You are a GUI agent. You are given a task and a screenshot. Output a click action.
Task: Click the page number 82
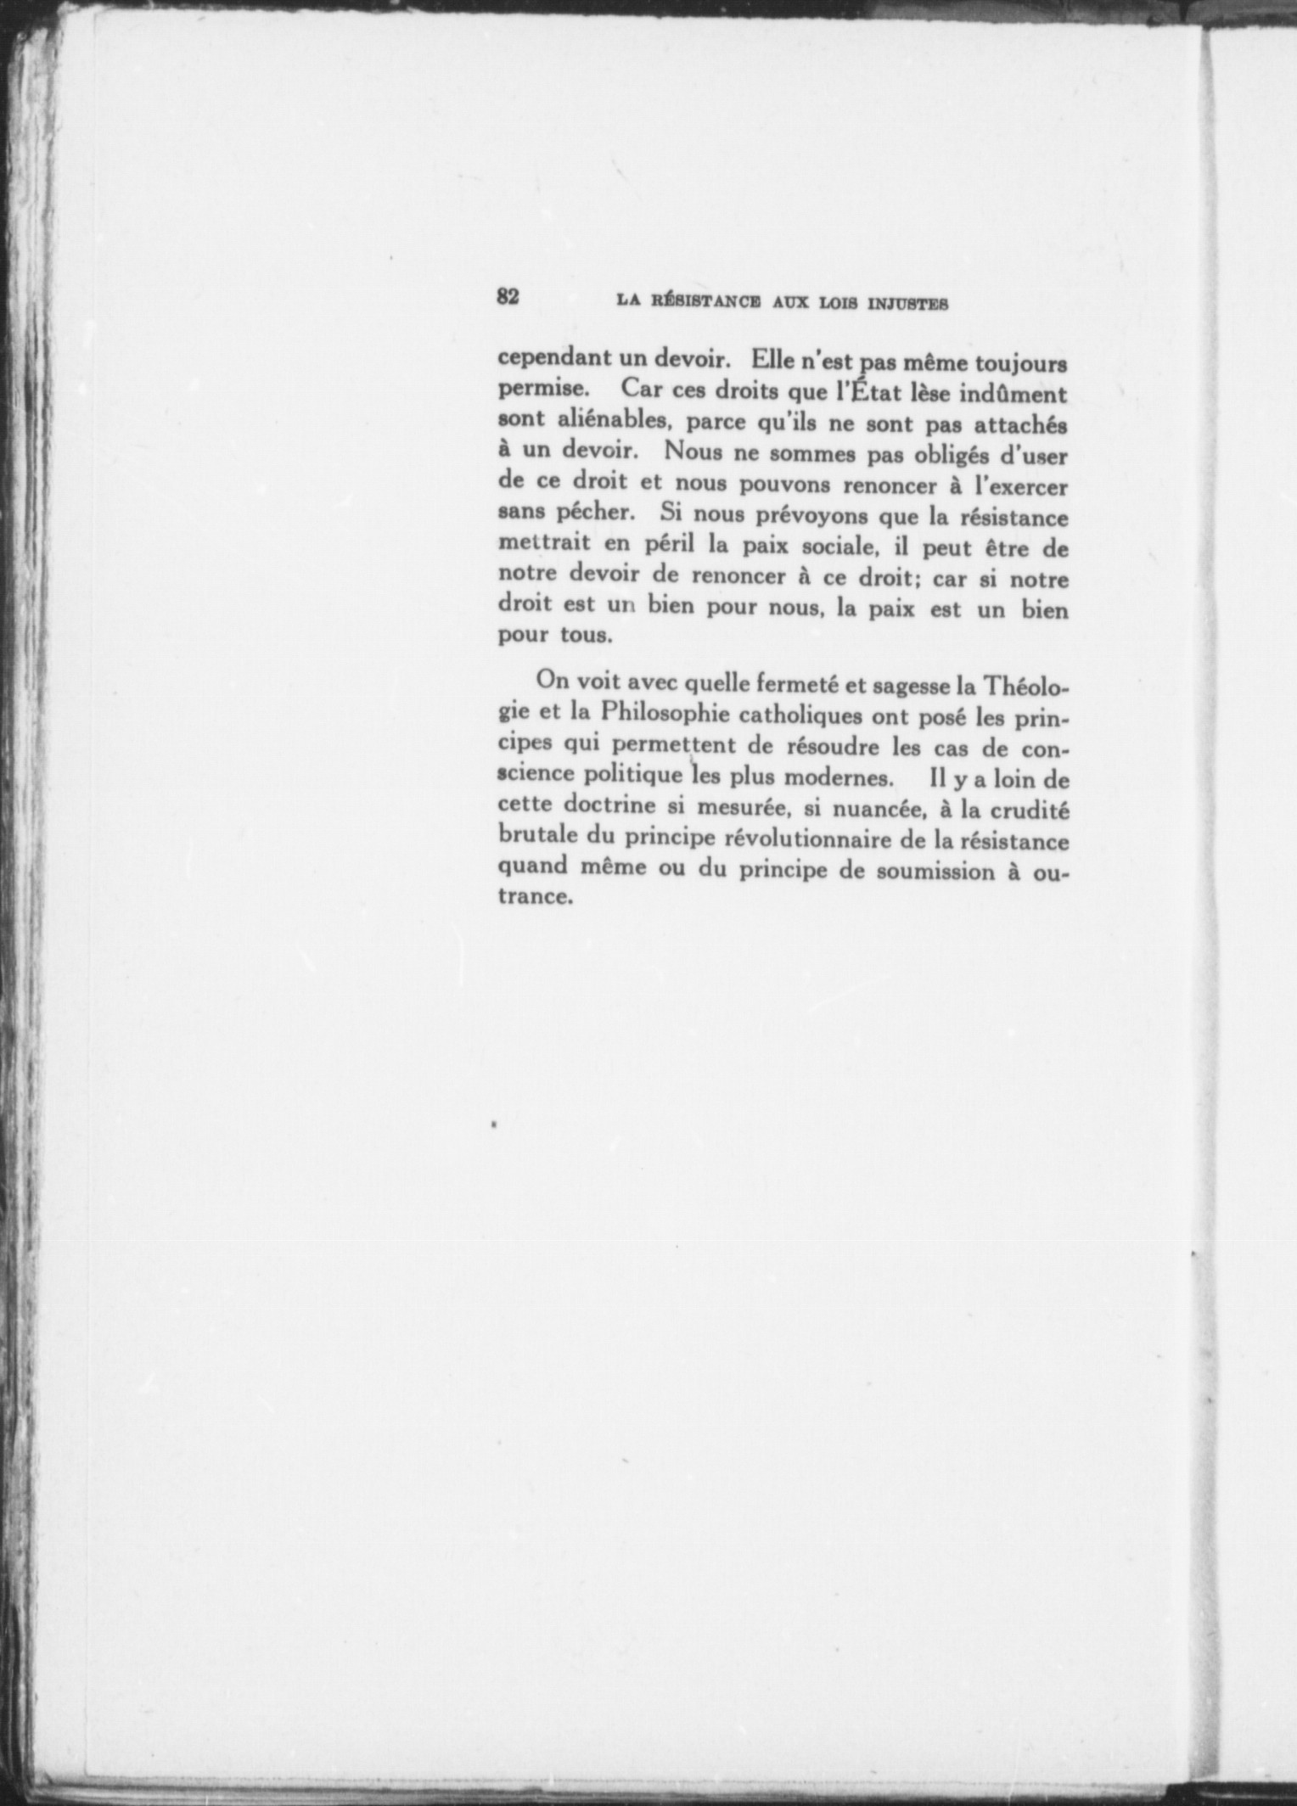coord(508,296)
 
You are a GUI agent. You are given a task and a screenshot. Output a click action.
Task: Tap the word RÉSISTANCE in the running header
coord(701,301)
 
